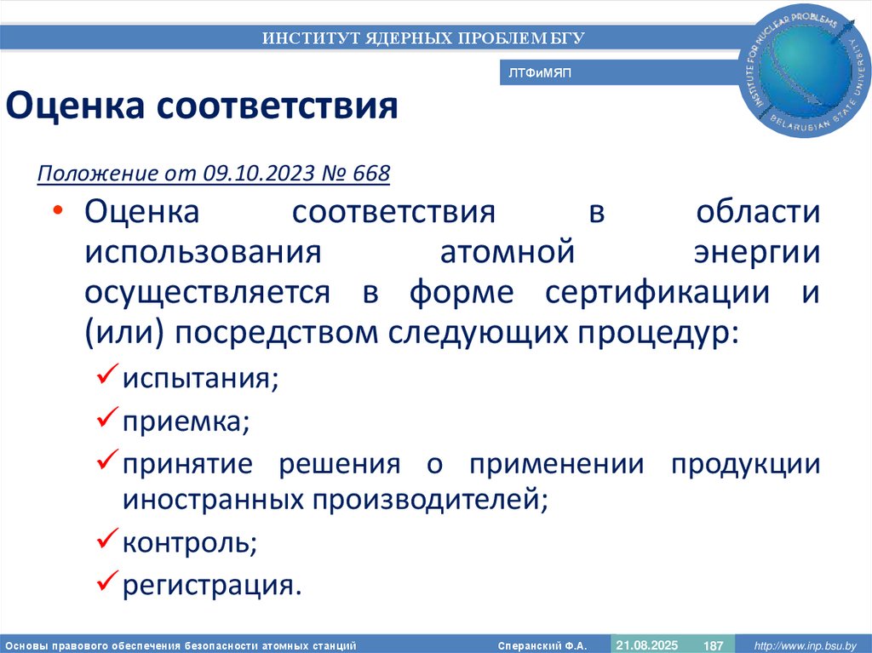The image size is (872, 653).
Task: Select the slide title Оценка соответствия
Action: [203, 107]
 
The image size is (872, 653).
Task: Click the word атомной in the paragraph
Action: [503, 252]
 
